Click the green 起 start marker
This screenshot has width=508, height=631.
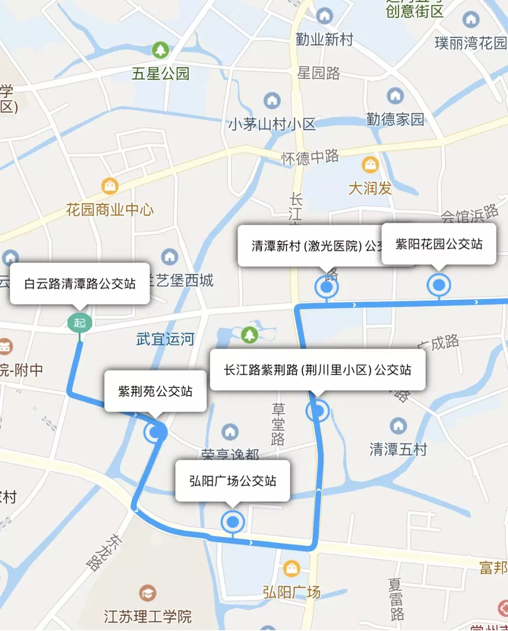79,323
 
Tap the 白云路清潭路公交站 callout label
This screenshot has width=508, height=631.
79,283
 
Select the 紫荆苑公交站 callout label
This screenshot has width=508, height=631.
155,391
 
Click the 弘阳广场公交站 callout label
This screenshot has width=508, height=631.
232,481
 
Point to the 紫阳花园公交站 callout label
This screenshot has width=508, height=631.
438,244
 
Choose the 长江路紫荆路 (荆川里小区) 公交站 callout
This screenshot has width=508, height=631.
317,370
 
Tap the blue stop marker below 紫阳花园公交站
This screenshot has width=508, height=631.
438,285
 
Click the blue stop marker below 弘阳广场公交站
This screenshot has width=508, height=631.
232,521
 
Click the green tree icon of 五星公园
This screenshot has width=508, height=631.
160,50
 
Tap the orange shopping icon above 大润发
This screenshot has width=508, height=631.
370,164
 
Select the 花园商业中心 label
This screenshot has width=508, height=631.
110,209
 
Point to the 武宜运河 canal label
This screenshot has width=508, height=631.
165,339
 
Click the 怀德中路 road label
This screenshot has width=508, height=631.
310,157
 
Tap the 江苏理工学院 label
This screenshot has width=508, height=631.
148,616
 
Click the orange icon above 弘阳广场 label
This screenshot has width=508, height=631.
292,568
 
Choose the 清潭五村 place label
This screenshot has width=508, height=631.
398,449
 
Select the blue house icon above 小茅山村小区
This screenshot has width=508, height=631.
272,100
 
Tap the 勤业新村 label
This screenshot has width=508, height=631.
324,40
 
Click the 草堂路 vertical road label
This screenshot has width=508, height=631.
278,424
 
